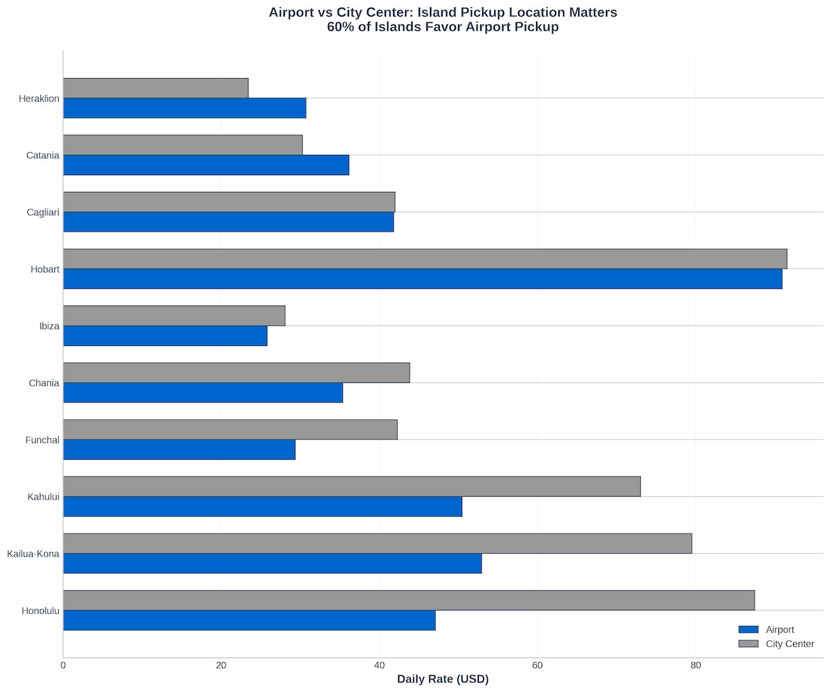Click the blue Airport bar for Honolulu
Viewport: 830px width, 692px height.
(249, 620)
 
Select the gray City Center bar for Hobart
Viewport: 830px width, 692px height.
(424, 259)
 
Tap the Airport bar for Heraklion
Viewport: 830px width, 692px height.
(184, 108)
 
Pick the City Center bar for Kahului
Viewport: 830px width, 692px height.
(352, 486)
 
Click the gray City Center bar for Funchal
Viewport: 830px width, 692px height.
(230, 430)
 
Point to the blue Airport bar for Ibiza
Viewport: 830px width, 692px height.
(165, 336)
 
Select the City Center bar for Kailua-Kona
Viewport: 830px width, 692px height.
(377, 543)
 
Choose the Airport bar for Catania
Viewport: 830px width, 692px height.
(206, 165)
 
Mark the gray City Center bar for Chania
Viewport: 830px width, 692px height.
(236, 373)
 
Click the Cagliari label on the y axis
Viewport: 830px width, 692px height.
(43, 212)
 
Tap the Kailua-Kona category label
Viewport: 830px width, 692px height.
(33, 554)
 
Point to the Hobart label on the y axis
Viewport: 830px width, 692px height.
(45, 269)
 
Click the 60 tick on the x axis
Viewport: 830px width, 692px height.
(537, 665)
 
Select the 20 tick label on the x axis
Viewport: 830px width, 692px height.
(221, 665)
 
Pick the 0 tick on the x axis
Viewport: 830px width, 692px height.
(64, 665)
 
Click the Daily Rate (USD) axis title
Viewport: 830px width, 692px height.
(443, 679)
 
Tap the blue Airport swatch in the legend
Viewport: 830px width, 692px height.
(748, 630)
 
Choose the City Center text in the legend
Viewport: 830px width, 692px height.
(790, 644)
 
